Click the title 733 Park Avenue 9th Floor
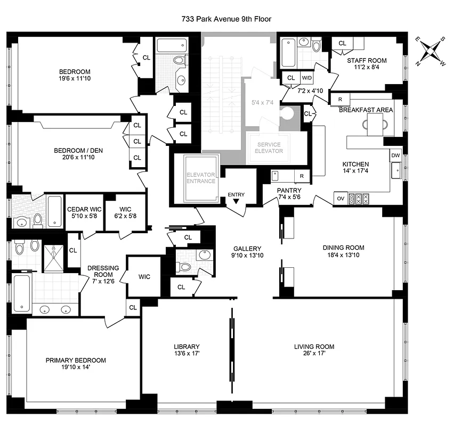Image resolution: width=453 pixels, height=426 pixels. [226, 19]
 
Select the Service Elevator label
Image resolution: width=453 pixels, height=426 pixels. [269, 148]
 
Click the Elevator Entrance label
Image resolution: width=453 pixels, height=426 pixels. [200, 178]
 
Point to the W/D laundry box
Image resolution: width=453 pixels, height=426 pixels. [308, 78]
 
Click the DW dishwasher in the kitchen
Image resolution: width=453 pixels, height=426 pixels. [395, 155]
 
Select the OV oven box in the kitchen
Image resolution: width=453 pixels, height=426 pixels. [341, 199]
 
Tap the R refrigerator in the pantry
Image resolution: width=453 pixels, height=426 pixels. [301, 176]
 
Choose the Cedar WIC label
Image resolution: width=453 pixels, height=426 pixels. [81, 209]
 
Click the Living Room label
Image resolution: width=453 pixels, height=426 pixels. [313, 346]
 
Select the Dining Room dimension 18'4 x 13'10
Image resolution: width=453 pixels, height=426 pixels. [343, 255]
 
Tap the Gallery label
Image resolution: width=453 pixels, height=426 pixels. [247, 248]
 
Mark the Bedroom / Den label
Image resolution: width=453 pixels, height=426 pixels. [78, 150]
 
